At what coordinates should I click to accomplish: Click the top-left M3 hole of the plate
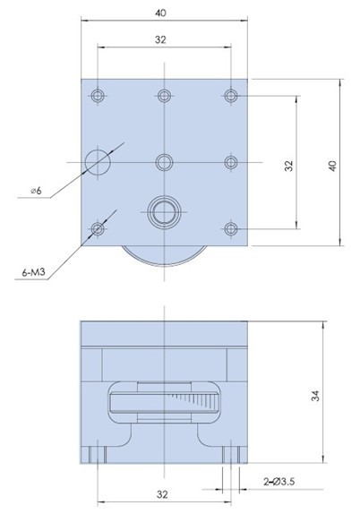point(96,94)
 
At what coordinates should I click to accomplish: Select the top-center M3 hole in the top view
point(164,94)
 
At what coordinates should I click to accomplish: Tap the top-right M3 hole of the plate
point(232,94)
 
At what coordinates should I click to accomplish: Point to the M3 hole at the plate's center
point(164,161)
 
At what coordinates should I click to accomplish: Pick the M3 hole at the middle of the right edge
point(232,161)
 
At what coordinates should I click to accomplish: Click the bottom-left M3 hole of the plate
point(96,229)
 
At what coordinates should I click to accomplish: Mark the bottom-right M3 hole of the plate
point(232,229)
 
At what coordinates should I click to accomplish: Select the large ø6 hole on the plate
point(97,161)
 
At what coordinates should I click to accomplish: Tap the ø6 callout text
point(36,190)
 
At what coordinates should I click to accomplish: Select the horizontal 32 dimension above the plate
point(160,39)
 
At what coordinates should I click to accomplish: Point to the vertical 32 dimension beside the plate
point(288,166)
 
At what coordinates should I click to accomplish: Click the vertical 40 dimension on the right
point(332,165)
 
